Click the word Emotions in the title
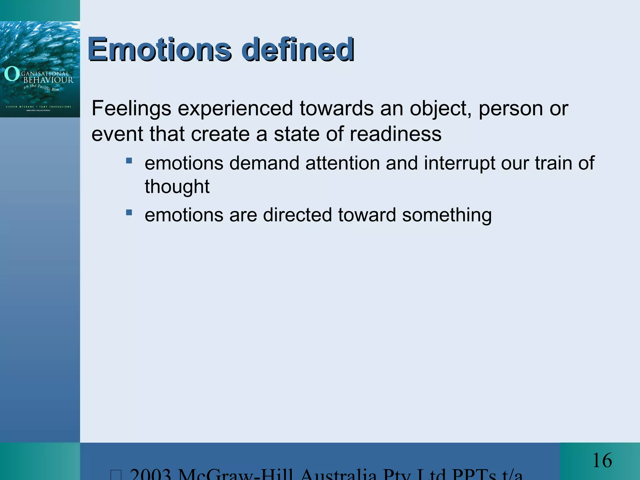159,49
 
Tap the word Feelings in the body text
131,109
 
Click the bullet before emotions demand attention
129,161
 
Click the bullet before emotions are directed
129,213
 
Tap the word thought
177,187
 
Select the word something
447,215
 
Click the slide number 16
602,461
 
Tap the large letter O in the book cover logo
12,74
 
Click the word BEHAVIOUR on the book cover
48,80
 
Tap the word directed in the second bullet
297,215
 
